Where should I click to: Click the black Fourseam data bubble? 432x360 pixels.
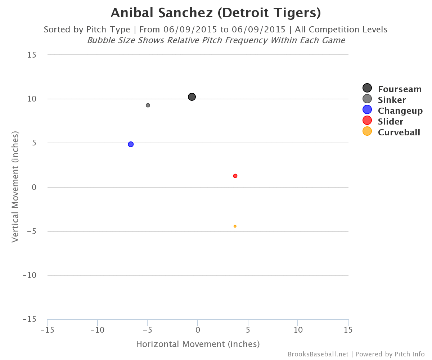click(x=192, y=97)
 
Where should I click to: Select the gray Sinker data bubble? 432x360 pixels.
click(x=148, y=105)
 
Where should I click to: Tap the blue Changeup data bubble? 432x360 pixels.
click(x=131, y=144)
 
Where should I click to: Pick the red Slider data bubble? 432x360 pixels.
click(x=235, y=176)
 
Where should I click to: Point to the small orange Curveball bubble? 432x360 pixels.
click(x=235, y=226)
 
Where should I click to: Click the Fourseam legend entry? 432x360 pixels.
click(x=392, y=89)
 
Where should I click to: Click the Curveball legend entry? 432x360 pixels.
click(x=392, y=132)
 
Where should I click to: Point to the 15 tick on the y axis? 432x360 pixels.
click(x=31, y=55)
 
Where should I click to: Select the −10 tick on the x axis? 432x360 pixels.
click(x=97, y=330)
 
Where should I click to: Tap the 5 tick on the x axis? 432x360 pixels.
click(x=248, y=330)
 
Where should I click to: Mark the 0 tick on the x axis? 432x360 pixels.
click(x=198, y=330)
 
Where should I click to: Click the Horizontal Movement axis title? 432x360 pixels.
click(x=198, y=344)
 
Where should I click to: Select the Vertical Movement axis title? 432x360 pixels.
click(x=15, y=186)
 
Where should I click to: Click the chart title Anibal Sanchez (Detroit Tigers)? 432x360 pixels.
click(x=216, y=13)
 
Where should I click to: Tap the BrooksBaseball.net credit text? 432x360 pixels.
click(x=318, y=354)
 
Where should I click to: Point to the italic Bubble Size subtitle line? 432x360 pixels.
click(x=216, y=40)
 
